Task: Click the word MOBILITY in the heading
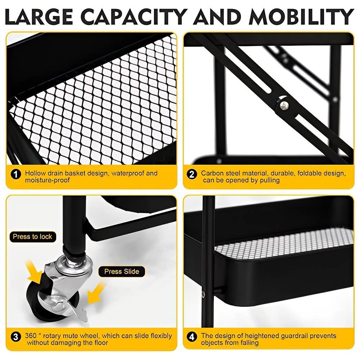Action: (x=301, y=17)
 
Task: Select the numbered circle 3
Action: (x=15, y=337)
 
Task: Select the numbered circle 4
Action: (x=192, y=337)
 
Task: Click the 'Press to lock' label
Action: (x=33, y=237)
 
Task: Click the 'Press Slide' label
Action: (x=122, y=271)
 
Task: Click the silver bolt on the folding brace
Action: (x=284, y=105)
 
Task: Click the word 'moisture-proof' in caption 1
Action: (x=47, y=180)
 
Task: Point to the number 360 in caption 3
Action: (x=31, y=336)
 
